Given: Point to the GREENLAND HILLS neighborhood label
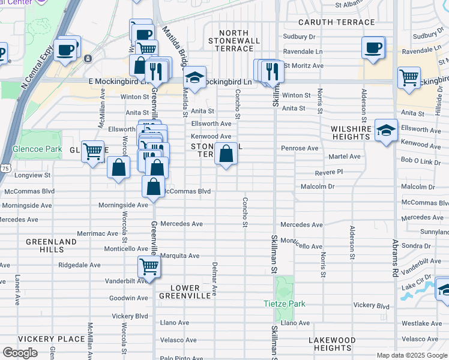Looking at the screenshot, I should pos(51,245).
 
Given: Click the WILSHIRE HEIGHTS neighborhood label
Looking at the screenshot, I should pos(350,133).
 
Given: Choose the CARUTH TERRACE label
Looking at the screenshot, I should pos(337,22).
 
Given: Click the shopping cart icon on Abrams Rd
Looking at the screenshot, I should pos(409,77).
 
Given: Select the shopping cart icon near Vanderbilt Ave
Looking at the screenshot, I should pos(148,266).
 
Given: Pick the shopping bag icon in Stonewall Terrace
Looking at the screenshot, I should pos(226,155).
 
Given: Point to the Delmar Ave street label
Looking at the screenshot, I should pos(214,279).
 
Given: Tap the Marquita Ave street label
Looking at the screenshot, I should pos(179,256).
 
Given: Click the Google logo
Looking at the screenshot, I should pos(20,353).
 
